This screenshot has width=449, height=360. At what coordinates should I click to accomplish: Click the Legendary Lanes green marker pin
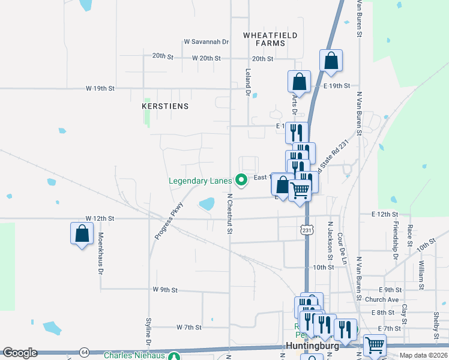click(241, 179)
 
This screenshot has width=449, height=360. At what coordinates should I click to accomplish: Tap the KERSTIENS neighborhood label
click(165, 106)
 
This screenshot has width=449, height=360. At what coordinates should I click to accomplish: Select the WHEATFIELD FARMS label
click(270, 40)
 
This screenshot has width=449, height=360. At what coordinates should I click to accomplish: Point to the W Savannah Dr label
click(206, 42)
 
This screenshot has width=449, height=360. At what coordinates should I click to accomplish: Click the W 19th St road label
click(100, 88)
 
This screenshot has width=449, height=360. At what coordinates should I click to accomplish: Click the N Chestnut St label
click(229, 213)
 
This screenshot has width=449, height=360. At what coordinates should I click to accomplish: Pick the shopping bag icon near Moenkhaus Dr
click(82, 234)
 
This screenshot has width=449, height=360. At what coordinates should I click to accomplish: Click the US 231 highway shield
click(307, 230)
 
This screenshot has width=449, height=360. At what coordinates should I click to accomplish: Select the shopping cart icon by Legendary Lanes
click(300, 191)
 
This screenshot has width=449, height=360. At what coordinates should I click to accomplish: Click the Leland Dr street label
click(247, 82)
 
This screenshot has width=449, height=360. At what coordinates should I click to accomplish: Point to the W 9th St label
click(164, 290)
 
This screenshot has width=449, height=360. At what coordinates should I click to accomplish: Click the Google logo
click(20, 353)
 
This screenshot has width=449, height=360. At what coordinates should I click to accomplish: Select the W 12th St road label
click(100, 218)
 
